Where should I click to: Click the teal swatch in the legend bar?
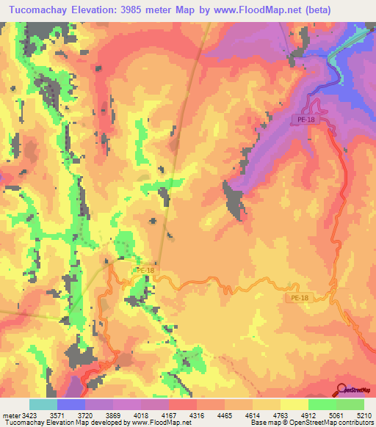point(43,404)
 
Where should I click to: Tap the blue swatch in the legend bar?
point(71,404)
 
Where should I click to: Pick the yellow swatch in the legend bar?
point(294,404)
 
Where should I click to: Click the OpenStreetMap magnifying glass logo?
point(341,389)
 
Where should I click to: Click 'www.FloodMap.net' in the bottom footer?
point(159,422)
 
